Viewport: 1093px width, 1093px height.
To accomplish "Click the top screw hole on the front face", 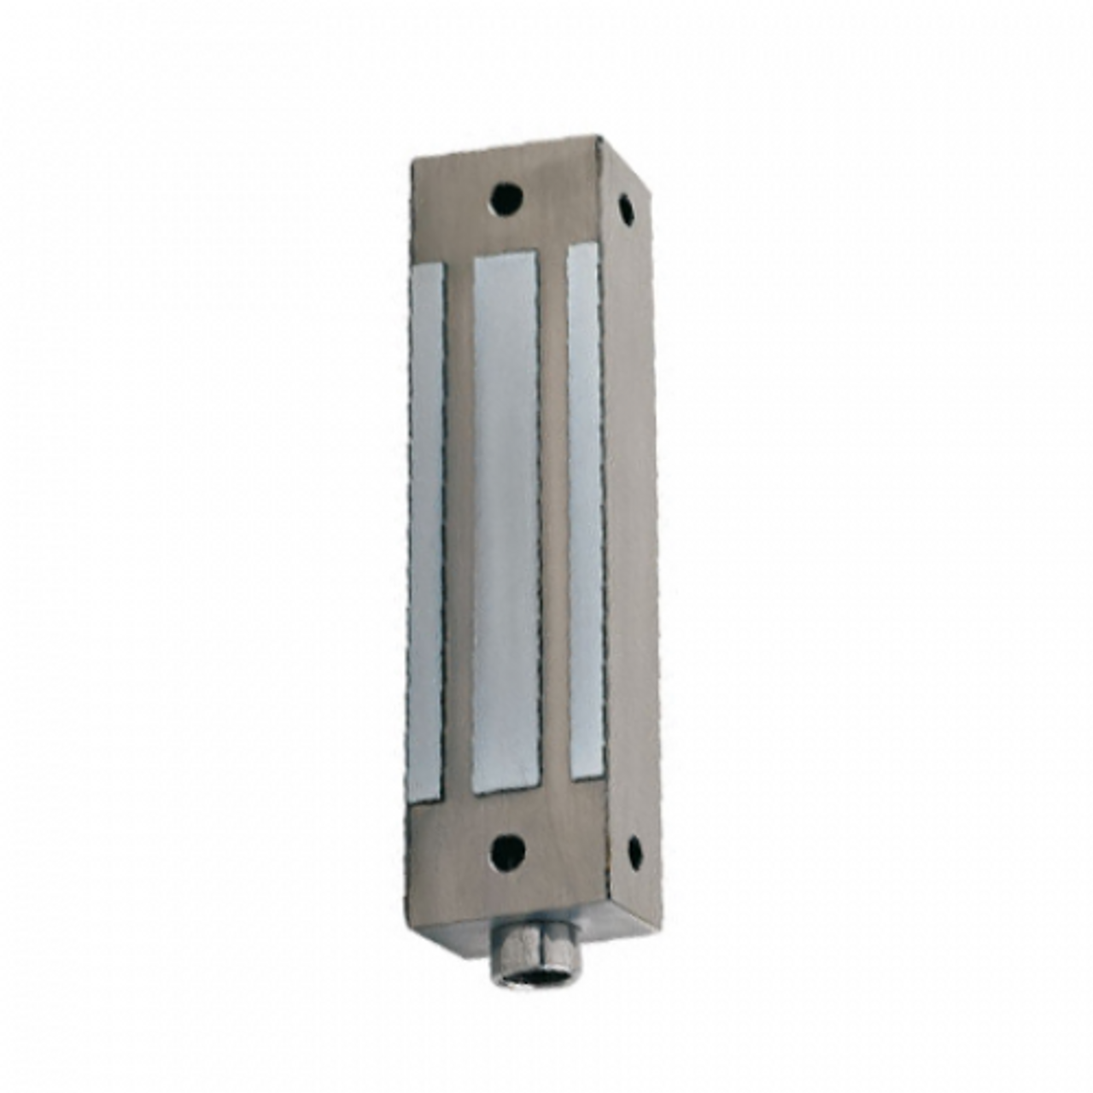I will pyautogui.click(x=506, y=198).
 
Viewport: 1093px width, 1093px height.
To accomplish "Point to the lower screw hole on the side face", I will pyautogui.click(x=634, y=850).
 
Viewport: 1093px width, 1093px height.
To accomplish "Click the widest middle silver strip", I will pyautogui.click(x=506, y=521).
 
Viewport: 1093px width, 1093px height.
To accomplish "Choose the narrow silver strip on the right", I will pyautogui.click(x=586, y=512).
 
